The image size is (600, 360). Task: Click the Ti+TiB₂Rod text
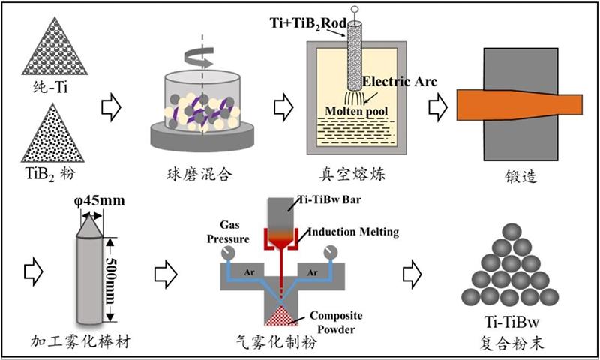307,23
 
